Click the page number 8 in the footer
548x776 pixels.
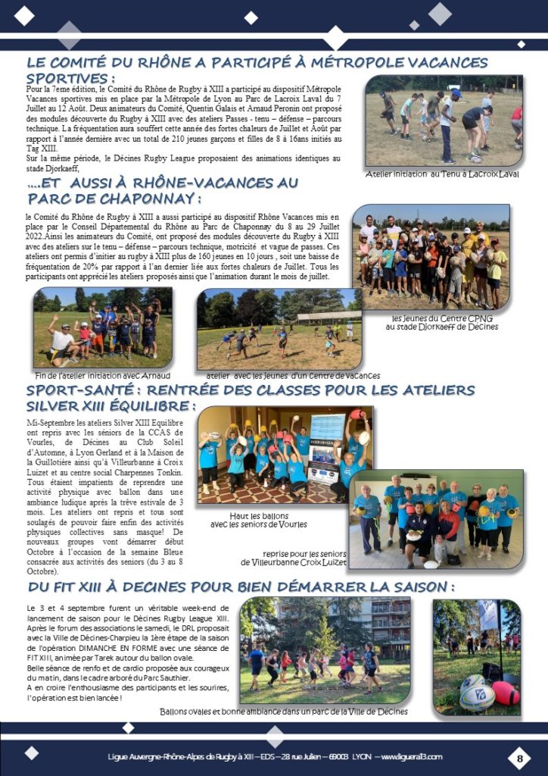[x=520, y=756]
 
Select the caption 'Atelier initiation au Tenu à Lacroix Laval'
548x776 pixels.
[x=442, y=174]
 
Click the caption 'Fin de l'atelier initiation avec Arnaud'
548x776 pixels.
[x=103, y=375]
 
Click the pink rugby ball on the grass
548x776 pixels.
[x=505, y=692]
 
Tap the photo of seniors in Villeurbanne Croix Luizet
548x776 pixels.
[x=437, y=519]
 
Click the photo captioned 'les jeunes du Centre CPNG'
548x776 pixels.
[x=430, y=257]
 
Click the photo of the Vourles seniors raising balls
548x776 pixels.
[x=284, y=454]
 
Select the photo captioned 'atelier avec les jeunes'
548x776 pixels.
[x=279, y=328]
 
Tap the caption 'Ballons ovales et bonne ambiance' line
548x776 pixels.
[x=284, y=712]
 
